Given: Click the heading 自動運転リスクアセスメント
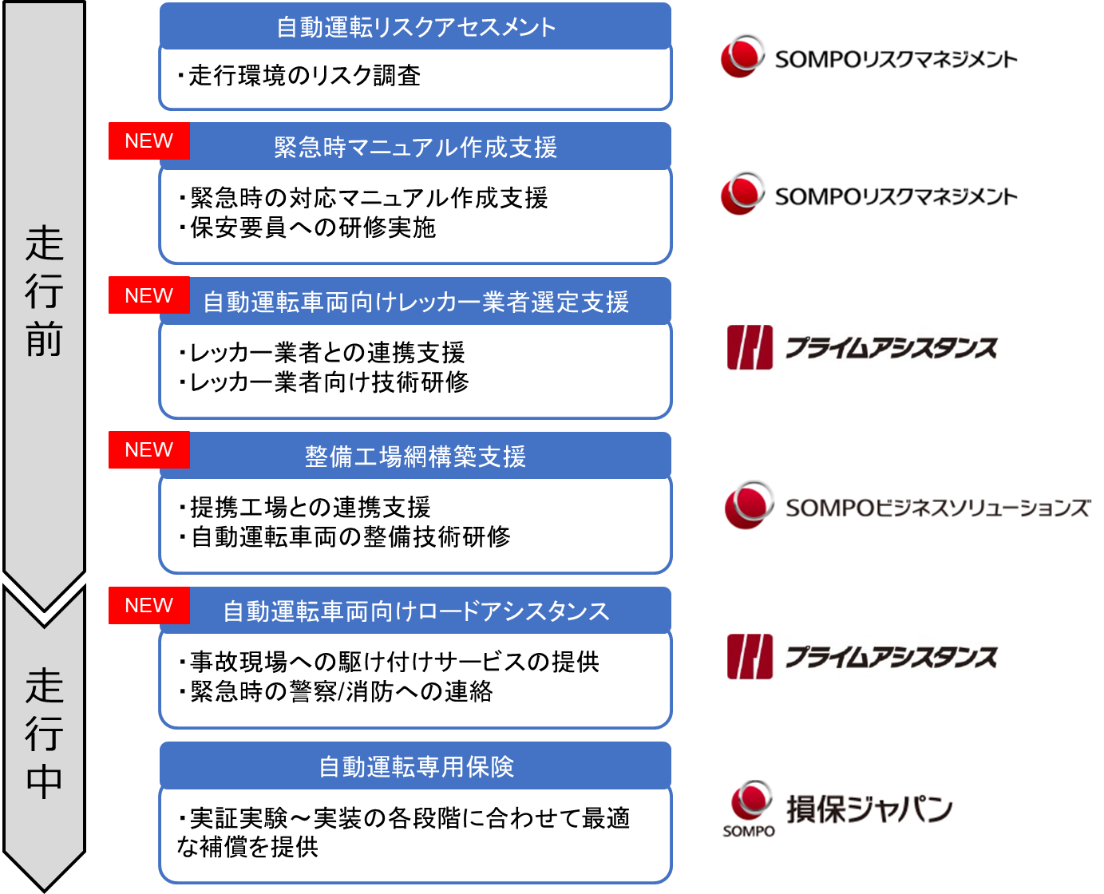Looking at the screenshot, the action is pyautogui.click(x=416, y=27).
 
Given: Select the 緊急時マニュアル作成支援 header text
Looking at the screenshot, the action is pyautogui.click(x=416, y=147).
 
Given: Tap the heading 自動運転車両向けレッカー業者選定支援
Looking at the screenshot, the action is pyautogui.click(x=416, y=302).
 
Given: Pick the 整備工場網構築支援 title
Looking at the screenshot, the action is pyautogui.click(x=416, y=457).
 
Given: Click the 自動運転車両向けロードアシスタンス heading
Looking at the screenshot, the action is pyautogui.click(x=416, y=611).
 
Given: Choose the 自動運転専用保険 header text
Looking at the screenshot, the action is pyautogui.click(x=416, y=766).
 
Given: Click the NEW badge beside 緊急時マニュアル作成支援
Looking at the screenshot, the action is pyautogui.click(x=149, y=141).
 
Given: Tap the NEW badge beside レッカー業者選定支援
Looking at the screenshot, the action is pyautogui.click(x=149, y=295).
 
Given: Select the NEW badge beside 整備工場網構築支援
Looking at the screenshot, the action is pyautogui.click(x=149, y=450).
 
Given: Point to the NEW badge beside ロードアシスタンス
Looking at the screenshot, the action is pyautogui.click(x=149, y=605).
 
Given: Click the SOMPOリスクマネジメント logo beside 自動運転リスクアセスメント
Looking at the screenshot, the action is pyautogui.click(x=865, y=56).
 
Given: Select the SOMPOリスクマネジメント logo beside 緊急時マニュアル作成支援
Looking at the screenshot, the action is pyautogui.click(x=865, y=193).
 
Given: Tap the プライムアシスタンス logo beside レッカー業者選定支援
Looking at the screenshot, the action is pyautogui.click(x=865, y=348).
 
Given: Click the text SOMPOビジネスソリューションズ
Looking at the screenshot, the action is pyautogui.click(x=938, y=508).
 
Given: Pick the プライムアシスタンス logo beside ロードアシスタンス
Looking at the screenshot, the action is pyautogui.click(x=865, y=657).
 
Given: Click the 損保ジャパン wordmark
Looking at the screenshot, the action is pyautogui.click(x=869, y=809).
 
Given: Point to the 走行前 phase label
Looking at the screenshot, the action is pyautogui.click(x=45, y=291).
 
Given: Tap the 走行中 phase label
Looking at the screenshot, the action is pyautogui.click(x=45, y=733).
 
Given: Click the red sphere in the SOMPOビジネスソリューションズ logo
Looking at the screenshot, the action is pyautogui.click(x=748, y=504).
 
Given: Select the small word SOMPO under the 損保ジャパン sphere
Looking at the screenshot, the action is pyautogui.click(x=749, y=831).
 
